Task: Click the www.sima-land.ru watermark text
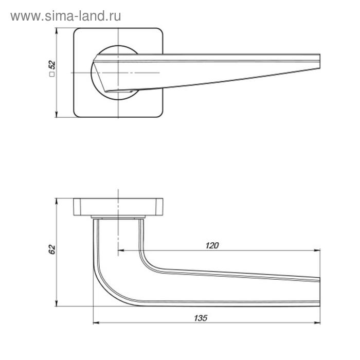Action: [x=66, y=16]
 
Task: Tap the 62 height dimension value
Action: [x=51, y=249]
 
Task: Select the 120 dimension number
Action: [x=212, y=245]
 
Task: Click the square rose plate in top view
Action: [x=82, y=98]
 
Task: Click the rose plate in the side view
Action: [x=118, y=206]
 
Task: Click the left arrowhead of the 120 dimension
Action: [x=121, y=250]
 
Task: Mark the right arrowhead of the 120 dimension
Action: [x=317, y=250]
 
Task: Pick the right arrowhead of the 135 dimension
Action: [x=317, y=323]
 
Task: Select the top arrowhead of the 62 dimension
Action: [x=57, y=200]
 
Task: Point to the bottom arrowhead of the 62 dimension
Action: [x=57, y=305]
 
